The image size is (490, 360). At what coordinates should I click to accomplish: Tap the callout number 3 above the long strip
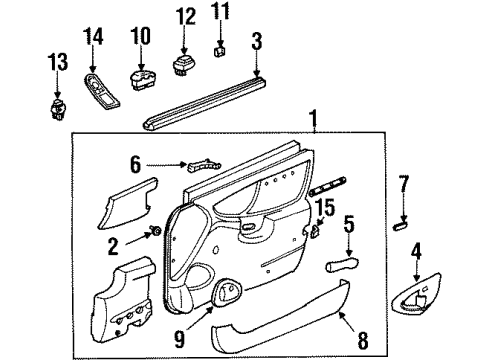click(x=257, y=41)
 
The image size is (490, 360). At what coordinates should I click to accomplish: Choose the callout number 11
click(x=220, y=14)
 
